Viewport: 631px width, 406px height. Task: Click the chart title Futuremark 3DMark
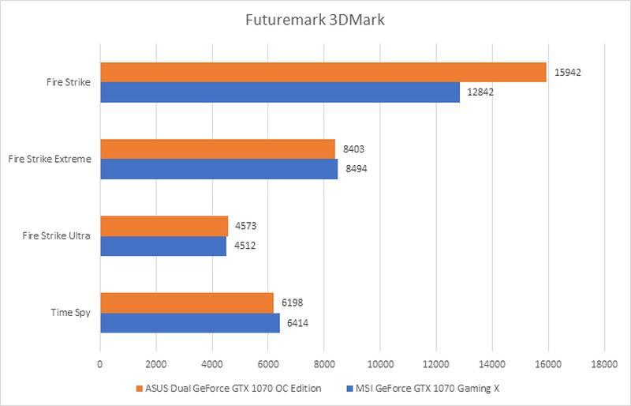pos(315,20)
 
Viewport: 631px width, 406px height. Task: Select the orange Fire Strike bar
pos(323,72)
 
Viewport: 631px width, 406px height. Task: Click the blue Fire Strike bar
pos(280,92)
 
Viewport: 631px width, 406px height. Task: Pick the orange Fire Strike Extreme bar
pos(218,148)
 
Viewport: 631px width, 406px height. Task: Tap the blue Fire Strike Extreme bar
pos(219,169)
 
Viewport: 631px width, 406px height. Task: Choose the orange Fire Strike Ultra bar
pos(164,226)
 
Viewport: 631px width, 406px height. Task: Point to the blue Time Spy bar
pos(190,323)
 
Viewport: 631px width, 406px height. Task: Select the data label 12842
pos(480,92)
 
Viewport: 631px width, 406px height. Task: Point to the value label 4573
pos(245,226)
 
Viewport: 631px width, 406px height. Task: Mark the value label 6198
pos(291,303)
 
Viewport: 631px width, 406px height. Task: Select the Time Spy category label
pos(72,312)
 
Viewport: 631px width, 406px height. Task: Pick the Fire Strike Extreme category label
pos(50,159)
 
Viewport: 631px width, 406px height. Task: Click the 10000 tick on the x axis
pos(379,364)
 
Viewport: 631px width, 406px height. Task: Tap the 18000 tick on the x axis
pos(603,364)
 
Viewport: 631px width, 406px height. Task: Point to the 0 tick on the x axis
pos(100,364)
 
